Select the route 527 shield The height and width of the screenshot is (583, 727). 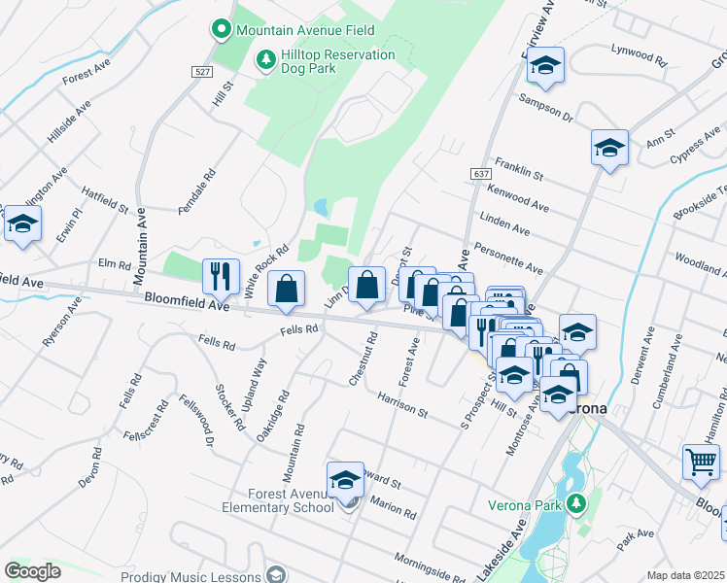click(202, 72)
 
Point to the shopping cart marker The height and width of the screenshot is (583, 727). click(702, 463)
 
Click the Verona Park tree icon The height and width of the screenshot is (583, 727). click(575, 502)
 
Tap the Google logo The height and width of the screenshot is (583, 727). click(32, 571)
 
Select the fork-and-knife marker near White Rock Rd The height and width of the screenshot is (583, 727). click(221, 276)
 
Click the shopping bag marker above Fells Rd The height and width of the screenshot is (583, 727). click(286, 289)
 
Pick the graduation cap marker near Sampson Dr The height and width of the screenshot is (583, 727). click(546, 66)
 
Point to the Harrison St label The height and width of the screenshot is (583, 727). click(403, 404)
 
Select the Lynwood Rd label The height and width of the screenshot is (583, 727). click(639, 54)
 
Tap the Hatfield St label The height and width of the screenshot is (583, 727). click(105, 200)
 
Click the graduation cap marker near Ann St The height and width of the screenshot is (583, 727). click(609, 148)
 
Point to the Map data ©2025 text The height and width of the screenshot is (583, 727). click(685, 575)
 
